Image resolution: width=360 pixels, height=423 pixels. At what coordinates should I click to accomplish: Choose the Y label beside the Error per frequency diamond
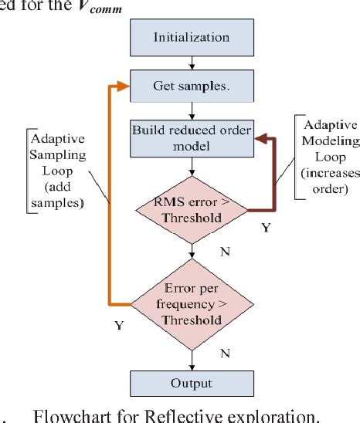(x=119, y=326)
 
